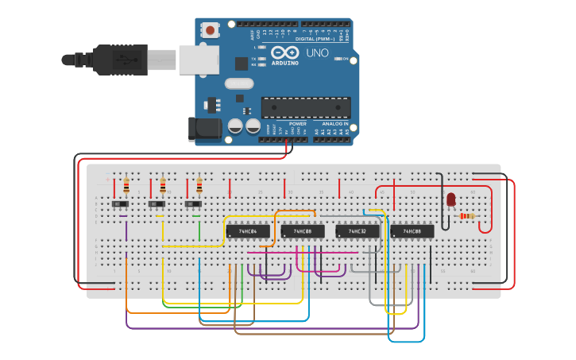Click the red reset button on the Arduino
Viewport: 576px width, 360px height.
[210, 30]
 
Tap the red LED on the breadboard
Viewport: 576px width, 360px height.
[450, 199]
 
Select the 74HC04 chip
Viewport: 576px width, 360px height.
[248, 231]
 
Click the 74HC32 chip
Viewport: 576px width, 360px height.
[358, 231]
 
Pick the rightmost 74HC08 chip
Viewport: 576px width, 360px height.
[412, 231]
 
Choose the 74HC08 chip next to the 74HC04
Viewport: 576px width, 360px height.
[303, 231]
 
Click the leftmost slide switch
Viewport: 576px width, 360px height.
[122, 205]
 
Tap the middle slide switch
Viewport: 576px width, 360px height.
[158, 205]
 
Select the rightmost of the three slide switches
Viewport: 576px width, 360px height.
[194, 205]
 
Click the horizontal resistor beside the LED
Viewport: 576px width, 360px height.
[467, 216]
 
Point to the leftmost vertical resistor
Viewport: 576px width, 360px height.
[126, 186]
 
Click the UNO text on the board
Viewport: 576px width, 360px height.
[317, 53]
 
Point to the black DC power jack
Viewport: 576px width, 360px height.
[202, 130]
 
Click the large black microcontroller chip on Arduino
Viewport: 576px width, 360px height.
[306, 107]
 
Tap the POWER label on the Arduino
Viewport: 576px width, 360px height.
[298, 124]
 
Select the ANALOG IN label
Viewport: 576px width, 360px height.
[334, 124]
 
